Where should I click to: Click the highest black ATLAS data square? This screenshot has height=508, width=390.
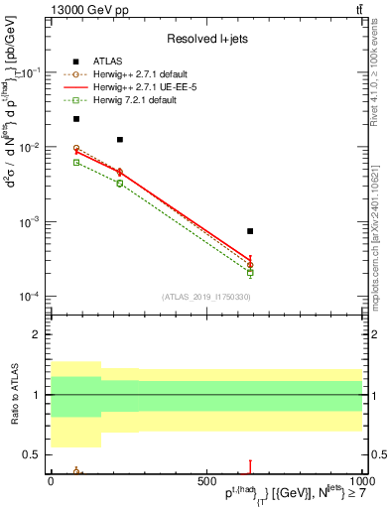76,119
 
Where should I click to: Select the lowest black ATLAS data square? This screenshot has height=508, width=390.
250,231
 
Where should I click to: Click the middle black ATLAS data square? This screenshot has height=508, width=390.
120,140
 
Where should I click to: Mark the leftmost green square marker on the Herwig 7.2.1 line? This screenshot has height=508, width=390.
76,162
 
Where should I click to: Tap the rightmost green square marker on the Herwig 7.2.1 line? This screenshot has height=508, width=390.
250,272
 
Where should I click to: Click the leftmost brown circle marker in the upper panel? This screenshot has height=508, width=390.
76,148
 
